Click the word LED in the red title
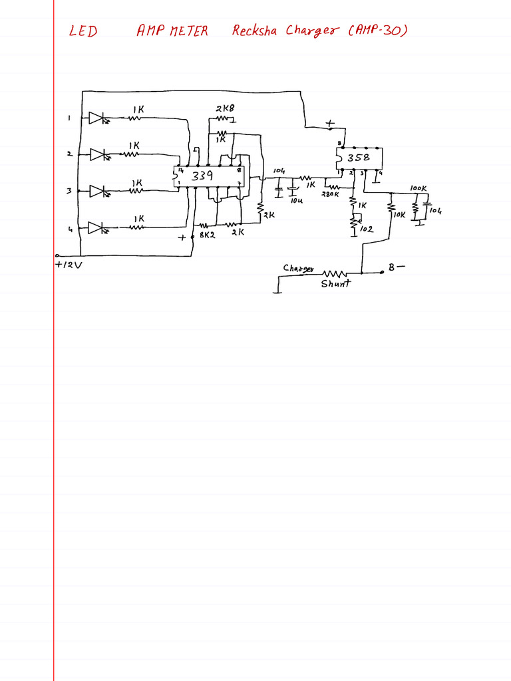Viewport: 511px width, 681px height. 84,31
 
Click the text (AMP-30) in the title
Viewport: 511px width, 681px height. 377,31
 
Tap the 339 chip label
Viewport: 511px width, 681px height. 202,176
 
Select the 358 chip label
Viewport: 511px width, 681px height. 358,158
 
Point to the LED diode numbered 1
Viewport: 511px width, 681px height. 96,119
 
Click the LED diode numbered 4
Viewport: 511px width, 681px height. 96,228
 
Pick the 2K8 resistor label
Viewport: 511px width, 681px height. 225,108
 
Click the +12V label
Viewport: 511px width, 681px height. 67,265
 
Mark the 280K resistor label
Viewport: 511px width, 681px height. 331,194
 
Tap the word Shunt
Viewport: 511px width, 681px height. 335,284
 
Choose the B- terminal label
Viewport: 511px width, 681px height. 396,267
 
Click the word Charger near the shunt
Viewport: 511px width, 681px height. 298,269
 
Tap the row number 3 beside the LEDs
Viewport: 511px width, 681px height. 69,192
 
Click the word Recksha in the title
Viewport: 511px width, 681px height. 255,31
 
